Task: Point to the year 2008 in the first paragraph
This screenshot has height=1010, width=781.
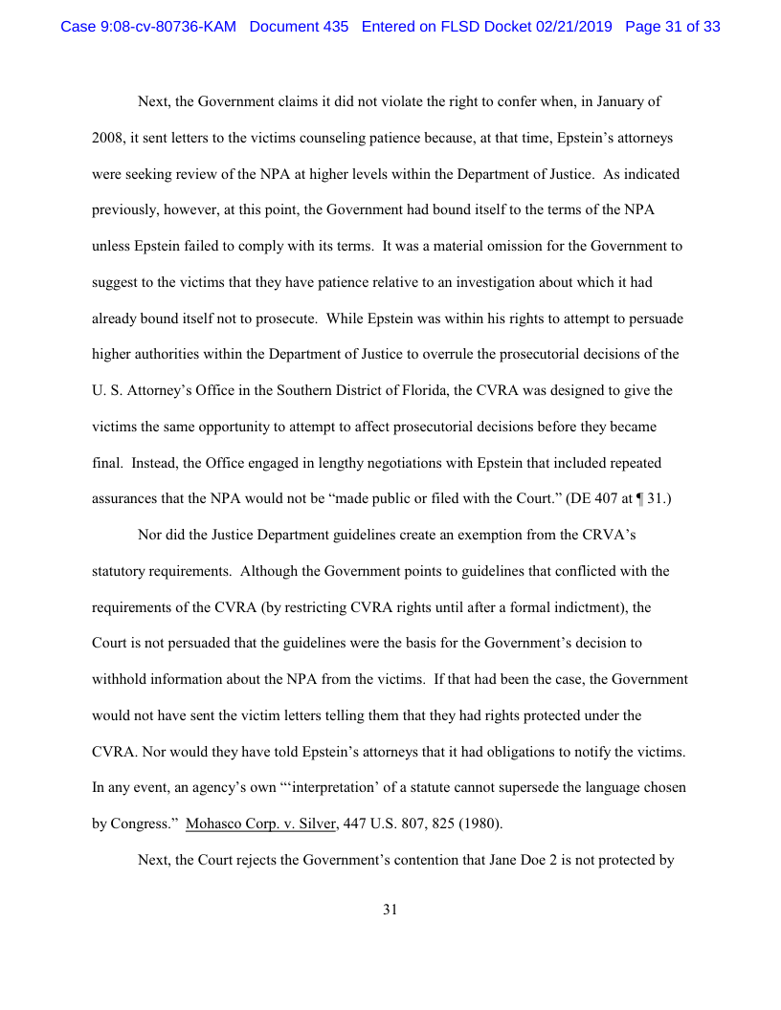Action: point(106,138)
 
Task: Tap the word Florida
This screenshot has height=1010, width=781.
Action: point(492,390)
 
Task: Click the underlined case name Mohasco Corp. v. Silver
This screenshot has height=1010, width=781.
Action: point(260,823)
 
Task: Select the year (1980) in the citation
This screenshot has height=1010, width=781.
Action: point(479,823)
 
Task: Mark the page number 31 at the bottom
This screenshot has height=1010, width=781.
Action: point(390,910)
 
